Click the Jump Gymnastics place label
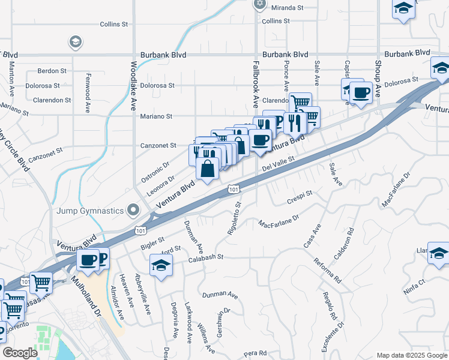click(x=90, y=211)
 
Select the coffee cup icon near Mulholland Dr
click(x=88, y=260)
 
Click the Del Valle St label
click(x=277, y=164)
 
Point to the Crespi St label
click(x=300, y=197)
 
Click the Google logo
click(x=20, y=353)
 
